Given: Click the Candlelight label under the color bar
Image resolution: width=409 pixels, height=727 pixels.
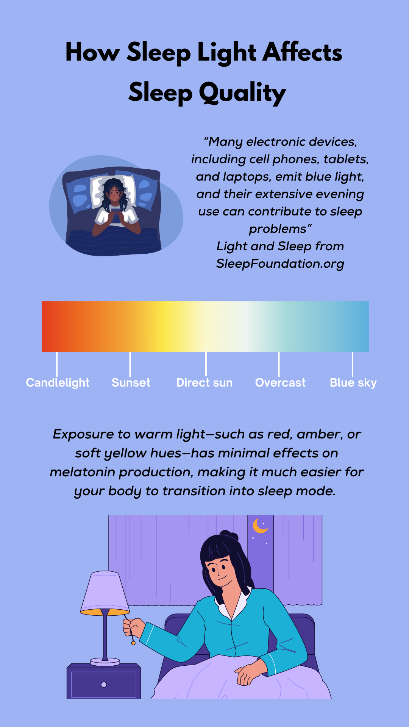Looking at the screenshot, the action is [x=58, y=383].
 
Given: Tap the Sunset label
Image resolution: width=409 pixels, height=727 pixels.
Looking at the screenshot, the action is [x=131, y=382].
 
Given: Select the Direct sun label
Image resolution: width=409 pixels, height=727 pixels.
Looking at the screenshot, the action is [x=204, y=382].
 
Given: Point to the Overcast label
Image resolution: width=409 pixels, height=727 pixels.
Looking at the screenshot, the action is [x=280, y=382].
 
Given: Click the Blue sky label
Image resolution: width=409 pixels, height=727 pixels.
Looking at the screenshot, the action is [x=353, y=383].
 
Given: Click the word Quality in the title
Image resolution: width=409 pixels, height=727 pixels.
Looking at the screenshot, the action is [x=242, y=93].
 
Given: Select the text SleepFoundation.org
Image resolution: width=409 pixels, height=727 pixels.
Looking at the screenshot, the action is [x=280, y=264].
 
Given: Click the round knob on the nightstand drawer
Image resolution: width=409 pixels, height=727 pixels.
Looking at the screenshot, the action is [x=104, y=685].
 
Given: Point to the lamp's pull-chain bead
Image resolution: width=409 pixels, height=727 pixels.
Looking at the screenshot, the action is [x=133, y=643].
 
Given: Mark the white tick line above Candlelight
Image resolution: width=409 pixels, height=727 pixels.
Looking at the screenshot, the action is [x=57, y=364].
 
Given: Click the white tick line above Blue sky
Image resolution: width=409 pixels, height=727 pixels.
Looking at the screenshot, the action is [x=353, y=364].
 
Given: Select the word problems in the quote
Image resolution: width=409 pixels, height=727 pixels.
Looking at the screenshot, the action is [x=278, y=229].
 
